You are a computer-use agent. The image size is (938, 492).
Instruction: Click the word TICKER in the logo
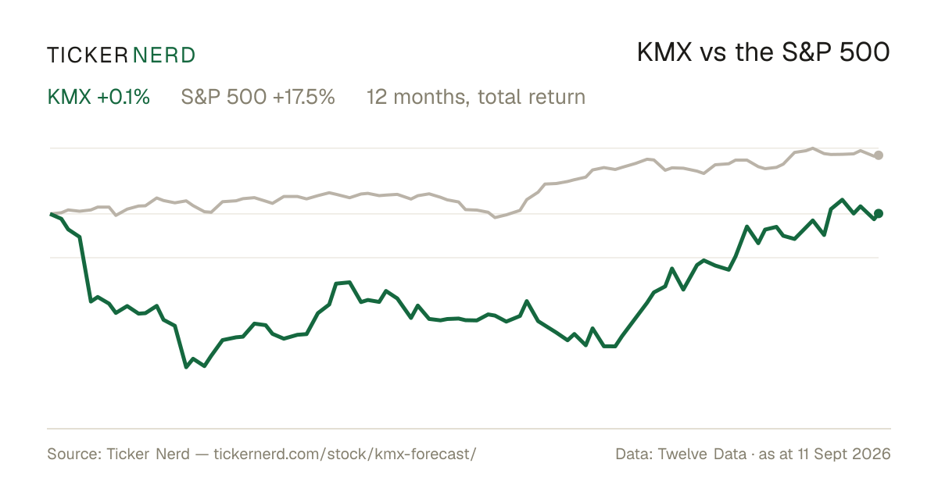tap(88, 55)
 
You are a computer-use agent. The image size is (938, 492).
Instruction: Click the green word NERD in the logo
tap(163, 55)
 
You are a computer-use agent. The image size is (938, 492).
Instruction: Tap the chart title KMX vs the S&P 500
tap(763, 52)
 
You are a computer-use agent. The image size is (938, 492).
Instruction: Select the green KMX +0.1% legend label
tap(98, 97)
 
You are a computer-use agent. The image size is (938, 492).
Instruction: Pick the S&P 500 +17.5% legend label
tap(258, 97)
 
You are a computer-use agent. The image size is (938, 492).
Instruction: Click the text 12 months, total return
tap(476, 98)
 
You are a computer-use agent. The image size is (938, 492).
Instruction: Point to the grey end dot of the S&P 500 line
tap(879, 155)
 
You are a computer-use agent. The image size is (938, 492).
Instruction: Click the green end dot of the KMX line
tap(879, 213)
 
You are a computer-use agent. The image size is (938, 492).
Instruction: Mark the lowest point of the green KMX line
tap(186, 367)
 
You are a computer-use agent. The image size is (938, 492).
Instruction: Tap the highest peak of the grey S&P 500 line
tap(813, 148)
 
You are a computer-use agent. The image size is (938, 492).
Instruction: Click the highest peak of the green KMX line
tap(842, 200)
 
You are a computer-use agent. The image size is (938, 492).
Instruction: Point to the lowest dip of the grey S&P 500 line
tap(495, 218)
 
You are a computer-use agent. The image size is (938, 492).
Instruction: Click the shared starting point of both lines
tap(51, 214)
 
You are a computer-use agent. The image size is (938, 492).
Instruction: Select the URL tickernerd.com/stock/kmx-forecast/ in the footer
tap(345, 454)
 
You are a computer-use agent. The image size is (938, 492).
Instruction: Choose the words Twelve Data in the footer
tap(702, 454)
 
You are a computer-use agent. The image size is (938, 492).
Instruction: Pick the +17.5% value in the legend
tap(303, 97)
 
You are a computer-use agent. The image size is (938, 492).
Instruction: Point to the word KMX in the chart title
tap(664, 52)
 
